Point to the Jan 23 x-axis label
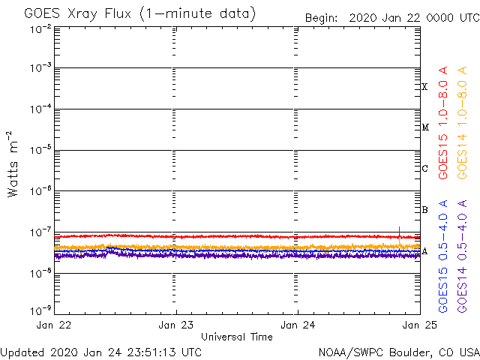coord(176,325)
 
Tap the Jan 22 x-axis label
coord(54,325)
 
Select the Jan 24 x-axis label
coord(298,325)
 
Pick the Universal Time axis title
coord(236,337)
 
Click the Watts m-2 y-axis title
coord(13,163)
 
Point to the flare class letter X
coord(424,87)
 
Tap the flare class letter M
coord(424,127)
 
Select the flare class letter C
coord(424,169)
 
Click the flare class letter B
coord(424,210)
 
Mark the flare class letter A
coord(424,251)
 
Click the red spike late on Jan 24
coord(400,229)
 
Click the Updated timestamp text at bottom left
coord(101,352)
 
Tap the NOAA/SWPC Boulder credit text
coord(398,352)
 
